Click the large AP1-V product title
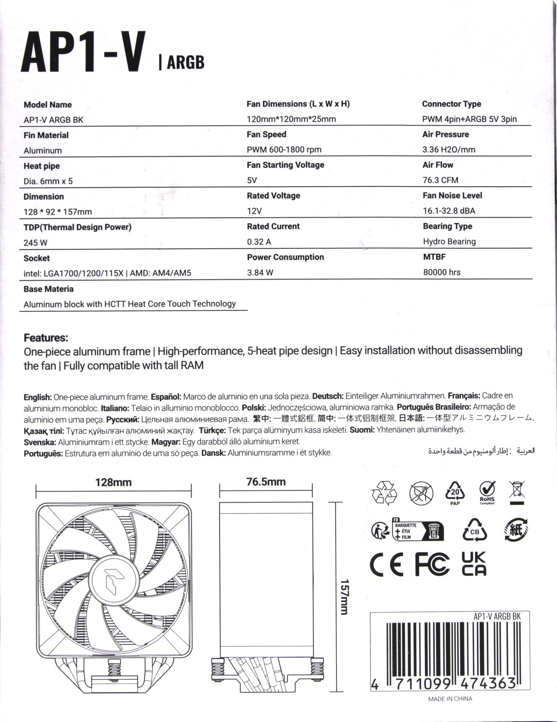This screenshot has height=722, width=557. pos(83,53)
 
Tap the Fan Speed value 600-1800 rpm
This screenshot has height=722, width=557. pos(284,150)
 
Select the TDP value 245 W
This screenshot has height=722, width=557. pos(36,243)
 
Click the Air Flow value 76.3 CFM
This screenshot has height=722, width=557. pos(440,180)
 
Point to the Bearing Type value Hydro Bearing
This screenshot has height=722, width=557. pos(449,242)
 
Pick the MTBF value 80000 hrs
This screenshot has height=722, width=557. pos(442,272)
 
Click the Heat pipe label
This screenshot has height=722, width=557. pos(42,166)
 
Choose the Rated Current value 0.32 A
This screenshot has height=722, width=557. pos(259,242)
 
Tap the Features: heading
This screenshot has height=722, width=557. pos(46,337)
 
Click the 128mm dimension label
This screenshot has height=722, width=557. pos(113,482)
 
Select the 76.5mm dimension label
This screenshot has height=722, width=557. pos(266,482)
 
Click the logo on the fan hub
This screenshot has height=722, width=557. pos(114,573)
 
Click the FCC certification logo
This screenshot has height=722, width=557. pos(432,565)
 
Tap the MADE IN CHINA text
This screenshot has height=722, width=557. pos(450,699)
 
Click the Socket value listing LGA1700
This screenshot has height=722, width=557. pos(107,273)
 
